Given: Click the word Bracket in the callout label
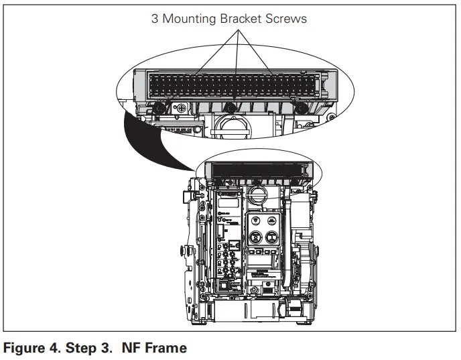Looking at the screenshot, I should coord(241,18).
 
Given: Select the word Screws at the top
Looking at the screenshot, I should coord(287,18).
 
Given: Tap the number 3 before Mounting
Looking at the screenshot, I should coord(155,18).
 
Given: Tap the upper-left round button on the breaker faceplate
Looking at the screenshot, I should coord(255,221).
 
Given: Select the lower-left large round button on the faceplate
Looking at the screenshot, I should coord(255,237).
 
